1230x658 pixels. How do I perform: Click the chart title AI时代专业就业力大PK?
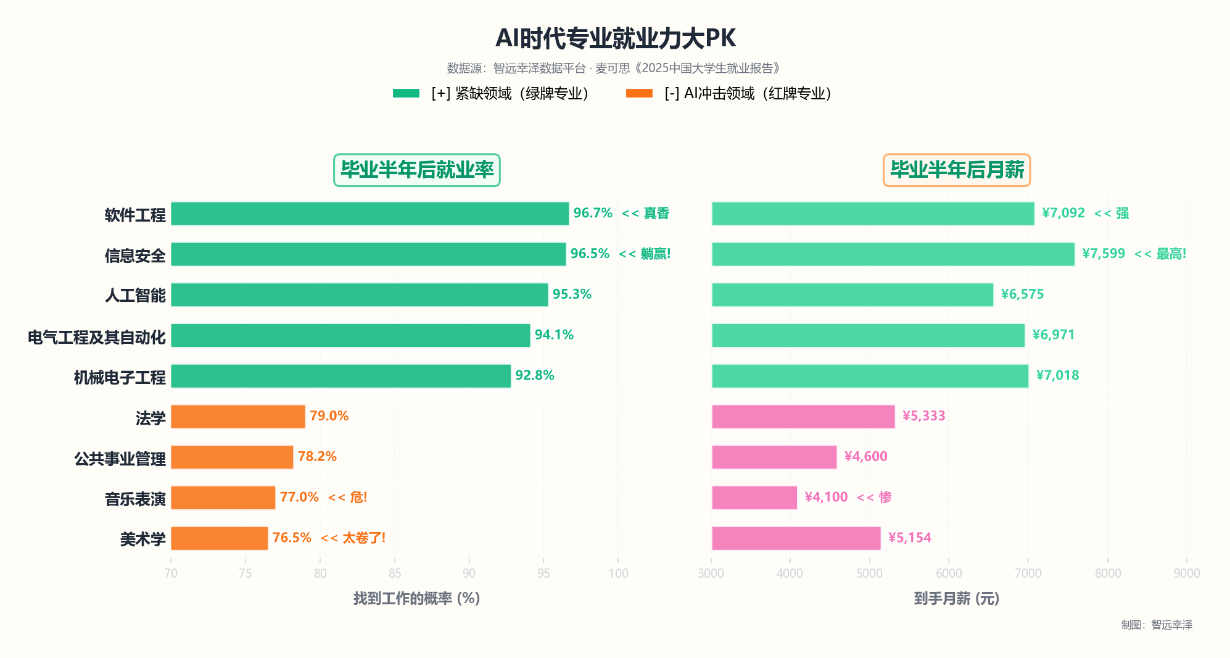615,38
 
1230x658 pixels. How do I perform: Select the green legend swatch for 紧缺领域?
406,93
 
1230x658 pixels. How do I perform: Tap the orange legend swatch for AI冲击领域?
639,93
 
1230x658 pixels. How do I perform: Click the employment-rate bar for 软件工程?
369,214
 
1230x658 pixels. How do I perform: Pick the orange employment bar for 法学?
237,417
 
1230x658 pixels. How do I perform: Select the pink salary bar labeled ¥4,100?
754,498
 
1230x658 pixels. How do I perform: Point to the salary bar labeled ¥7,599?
893,254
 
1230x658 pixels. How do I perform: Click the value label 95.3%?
572,294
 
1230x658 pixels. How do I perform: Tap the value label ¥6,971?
1053,335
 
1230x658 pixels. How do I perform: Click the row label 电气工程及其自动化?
97,337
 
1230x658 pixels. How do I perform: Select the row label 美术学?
142,539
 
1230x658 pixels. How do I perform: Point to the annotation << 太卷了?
353,538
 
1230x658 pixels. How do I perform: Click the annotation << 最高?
1160,254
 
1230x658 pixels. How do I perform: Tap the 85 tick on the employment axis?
395,573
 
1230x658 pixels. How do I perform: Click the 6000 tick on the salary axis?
949,573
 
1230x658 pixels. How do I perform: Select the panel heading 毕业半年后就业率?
417,170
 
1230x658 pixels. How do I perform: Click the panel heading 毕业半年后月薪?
957,170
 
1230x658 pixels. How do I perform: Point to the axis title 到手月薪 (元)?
956,598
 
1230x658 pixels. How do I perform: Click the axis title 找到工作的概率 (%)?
416,598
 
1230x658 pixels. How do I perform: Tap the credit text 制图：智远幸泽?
1157,625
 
